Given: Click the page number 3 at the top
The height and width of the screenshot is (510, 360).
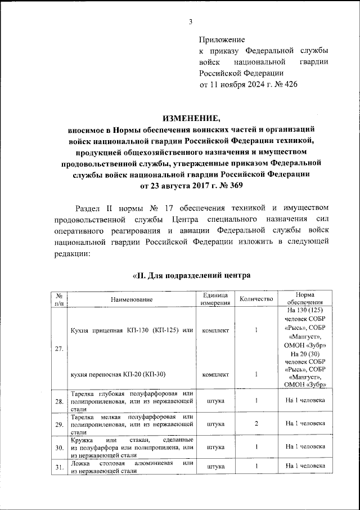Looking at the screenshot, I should (190, 22).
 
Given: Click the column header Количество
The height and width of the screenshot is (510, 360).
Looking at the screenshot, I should (256, 299).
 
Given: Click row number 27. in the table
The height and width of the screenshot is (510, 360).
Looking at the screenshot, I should (59, 349).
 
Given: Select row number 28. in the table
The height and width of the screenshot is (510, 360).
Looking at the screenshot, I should (59, 401).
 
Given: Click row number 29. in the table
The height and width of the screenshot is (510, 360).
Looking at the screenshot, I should (59, 424).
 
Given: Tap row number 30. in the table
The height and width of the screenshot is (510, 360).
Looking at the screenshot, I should (59, 447).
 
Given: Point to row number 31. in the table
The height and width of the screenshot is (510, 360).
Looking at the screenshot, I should (59, 467).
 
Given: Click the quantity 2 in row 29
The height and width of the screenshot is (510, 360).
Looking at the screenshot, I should (256, 423).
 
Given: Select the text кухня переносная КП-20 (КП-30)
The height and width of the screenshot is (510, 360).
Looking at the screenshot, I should (121, 374).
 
